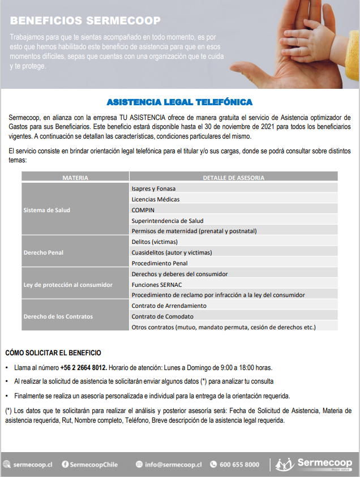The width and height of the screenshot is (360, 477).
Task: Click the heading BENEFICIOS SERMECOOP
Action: pyautogui.click(x=85, y=21)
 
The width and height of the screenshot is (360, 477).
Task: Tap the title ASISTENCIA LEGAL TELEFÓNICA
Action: pyautogui.click(x=179, y=102)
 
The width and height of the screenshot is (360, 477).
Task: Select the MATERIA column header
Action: pyautogui.click(x=75, y=178)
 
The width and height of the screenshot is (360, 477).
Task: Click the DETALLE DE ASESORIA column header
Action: pyautogui.click(x=233, y=178)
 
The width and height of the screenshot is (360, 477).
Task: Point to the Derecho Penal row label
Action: pyautogui.click(x=43, y=252)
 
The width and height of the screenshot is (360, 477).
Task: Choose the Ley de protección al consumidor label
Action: pyautogui.click(x=68, y=285)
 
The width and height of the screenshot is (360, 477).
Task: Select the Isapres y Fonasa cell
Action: pyautogui.click(x=153, y=188)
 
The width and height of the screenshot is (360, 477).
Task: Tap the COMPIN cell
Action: pyautogui.click(x=143, y=210)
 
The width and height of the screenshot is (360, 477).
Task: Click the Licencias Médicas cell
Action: pyautogui.click(x=156, y=199)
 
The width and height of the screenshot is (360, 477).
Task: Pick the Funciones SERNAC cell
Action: pyautogui.click(x=156, y=285)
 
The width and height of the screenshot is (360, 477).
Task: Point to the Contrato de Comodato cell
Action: pyautogui.click(x=162, y=316)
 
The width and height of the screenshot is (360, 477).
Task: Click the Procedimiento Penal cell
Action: pyautogui.click(x=160, y=263)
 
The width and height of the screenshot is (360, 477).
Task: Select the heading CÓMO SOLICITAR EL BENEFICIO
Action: pyautogui.click(x=53, y=353)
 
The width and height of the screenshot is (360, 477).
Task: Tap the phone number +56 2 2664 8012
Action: pyautogui.click(x=84, y=367)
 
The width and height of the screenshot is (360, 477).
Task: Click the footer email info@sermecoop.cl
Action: pyautogui.click(x=173, y=465)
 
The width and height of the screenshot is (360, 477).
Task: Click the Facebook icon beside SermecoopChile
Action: pyautogui.click(x=65, y=465)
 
